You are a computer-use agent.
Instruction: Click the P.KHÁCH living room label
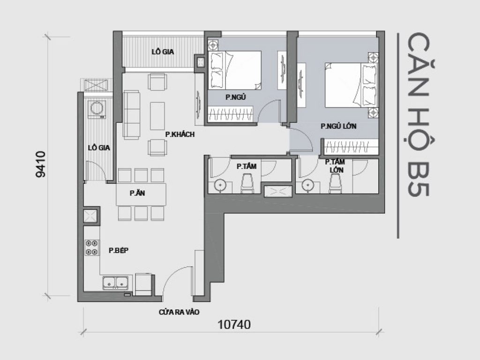point(180,135)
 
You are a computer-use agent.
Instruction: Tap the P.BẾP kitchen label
point(119,251)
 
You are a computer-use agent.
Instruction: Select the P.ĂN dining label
point(137,192)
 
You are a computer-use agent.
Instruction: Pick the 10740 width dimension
point(234,324)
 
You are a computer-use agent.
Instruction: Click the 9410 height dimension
point(41,164)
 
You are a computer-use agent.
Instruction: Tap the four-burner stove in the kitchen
point(92,247)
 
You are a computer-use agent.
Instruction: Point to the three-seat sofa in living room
point(131,115)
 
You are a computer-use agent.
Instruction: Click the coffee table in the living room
point(157,115)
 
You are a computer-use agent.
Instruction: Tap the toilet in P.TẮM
point(247,183)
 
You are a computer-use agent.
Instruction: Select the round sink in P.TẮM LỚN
point(308,185)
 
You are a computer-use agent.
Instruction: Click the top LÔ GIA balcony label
point(163,52)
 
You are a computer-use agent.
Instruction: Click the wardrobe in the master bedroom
point(351,147)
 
